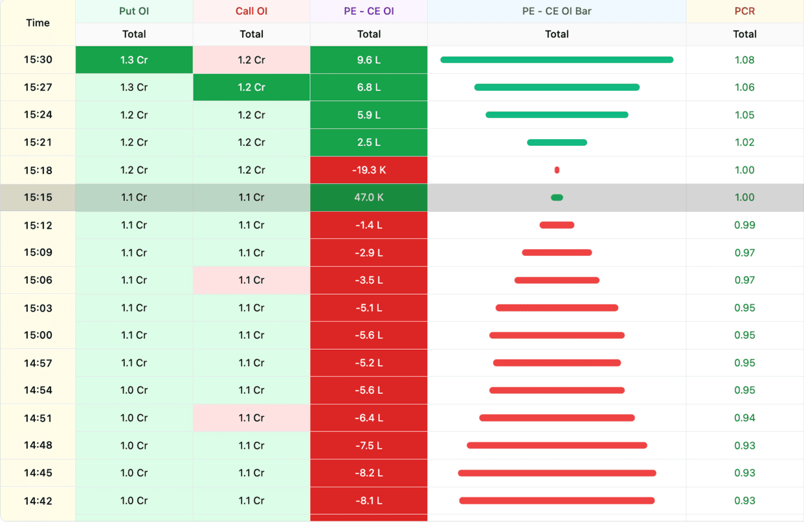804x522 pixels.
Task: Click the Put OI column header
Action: (134, 11)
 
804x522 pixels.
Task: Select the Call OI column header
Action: (251, 11)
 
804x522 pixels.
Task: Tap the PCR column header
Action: (744, 11)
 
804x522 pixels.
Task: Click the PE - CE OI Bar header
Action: (557, 11)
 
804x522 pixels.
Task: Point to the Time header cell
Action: (38, 23)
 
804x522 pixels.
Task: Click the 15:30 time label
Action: (38, 60)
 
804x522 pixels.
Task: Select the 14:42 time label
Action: (38, 501)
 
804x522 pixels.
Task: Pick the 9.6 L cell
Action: (368, 60)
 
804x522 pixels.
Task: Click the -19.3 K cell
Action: (368, 170)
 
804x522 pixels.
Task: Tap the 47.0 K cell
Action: (368, 198)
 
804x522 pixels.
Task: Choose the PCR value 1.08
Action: (744, 60)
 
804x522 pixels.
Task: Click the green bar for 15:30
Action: (557, 60)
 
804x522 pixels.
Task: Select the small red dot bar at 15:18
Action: (557, 170)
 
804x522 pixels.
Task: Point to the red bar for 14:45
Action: (557, 473)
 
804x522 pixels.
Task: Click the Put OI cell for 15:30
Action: (134, 60)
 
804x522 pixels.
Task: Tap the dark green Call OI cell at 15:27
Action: (251, 87)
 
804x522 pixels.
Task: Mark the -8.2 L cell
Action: (368, 473)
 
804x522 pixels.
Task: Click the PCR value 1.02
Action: (744, 142)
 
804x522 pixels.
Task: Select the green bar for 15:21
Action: (557, 142)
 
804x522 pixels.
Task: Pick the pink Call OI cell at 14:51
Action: (251, 418)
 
